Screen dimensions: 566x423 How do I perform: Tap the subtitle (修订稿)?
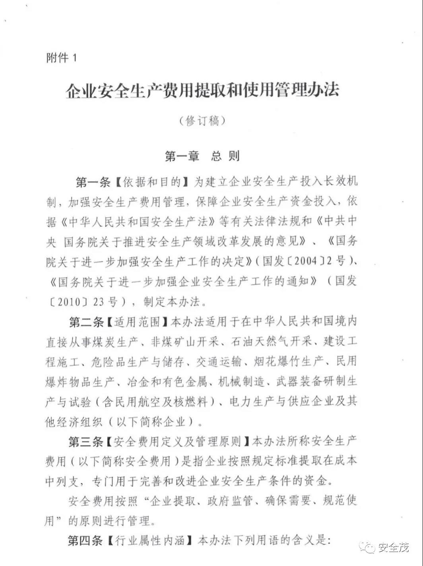tap(202, 121)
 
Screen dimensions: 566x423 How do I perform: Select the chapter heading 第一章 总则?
tap(202, 156)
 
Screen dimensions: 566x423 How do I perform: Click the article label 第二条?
tap(86, 322)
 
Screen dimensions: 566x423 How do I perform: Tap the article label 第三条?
tap(86, 441)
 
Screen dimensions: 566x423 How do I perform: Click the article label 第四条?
tap(86, 541)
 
